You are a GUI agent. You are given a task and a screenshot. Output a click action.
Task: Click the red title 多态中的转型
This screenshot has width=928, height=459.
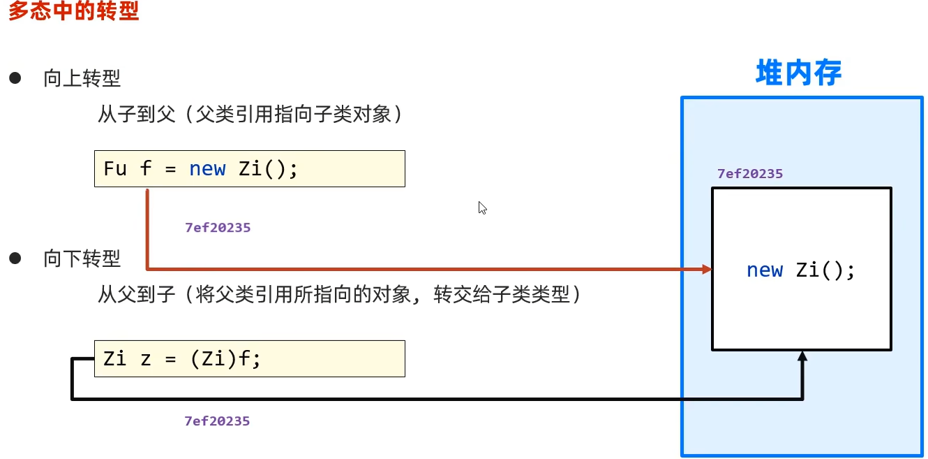pyautogui.click(x=73, y=12)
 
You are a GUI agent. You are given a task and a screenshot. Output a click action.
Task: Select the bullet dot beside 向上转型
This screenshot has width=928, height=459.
pyautogui.click(x=15, y=78)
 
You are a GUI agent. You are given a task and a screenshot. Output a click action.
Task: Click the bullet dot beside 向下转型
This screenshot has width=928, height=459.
pyautogui.click(x=15, y=258)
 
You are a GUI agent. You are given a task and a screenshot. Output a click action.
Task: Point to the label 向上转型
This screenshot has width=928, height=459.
pyautogui.click(x=82, y=78)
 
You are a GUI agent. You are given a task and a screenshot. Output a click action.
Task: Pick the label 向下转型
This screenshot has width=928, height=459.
pyautogui.click(x=82, y=259)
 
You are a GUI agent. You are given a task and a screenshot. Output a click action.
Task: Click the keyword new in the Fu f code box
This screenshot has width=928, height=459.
pyautogui.click(x=207, y=168)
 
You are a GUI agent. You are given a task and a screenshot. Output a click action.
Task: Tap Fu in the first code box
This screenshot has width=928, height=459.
pyautogui.click(x=115, y=168)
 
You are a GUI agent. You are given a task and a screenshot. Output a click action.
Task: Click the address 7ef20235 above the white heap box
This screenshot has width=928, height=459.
pyautogui.click(x=750, y=174)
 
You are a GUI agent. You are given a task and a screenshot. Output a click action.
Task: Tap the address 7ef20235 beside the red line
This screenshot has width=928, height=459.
pyautogui.click(x=218, y=228)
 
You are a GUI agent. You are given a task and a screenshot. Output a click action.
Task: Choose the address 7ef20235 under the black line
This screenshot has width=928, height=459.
pyautogui.click(x=217, y=421)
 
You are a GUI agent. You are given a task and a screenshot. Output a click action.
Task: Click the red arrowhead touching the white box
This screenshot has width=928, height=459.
pyautogui.click(x=707, y=269)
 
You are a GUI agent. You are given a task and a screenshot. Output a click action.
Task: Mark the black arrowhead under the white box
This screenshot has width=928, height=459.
pyautogui.click(x=802, y=356)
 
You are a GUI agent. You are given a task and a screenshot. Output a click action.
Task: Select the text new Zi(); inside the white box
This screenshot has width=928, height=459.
pyautogui.click(x=801, y=270)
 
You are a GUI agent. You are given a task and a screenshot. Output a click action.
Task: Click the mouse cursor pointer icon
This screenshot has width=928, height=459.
pyautogui.click(x=482, y=207)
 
